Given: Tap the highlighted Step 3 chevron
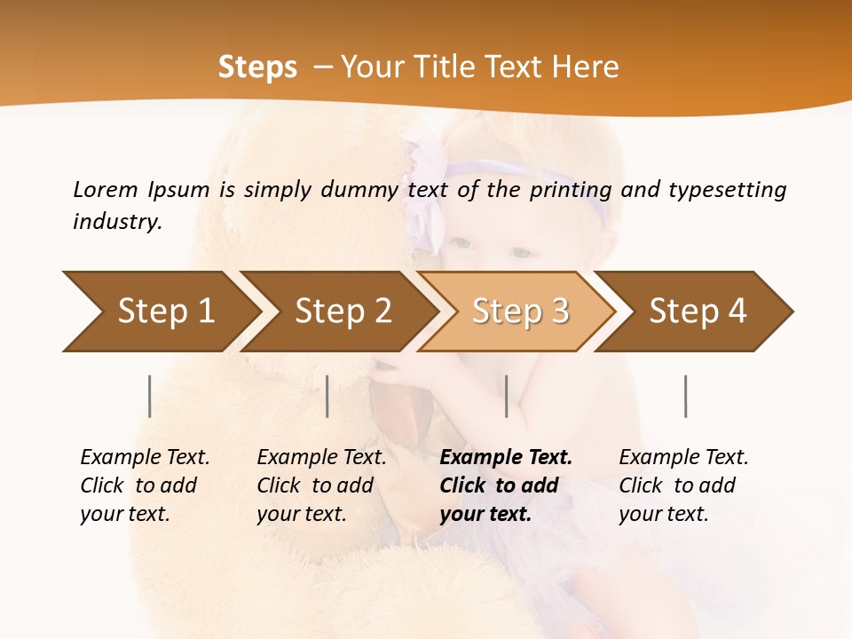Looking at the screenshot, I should pyautogui.click(x=519, y=312).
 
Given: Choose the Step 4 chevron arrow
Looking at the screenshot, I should pyautogui.click(x=697, y=312).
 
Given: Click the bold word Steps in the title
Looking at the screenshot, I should pyautogui.click(x=257, y=67).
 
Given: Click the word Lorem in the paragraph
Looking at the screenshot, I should pyautogui.click(x=105, y=189).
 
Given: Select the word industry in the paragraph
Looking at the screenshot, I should pyautogui.click(x=116, y=221).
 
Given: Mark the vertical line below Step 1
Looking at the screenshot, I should pyautogui.click(x=150, y=396).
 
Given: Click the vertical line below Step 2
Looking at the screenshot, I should pyautogui.click(x=327, y=396).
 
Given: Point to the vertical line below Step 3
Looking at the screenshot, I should pyautogui.click(x=506, y=396).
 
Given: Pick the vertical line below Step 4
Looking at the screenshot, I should pyautogui.click(x=685, y=396).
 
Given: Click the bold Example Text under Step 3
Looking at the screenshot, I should pyautogui.click(x=506, y=457).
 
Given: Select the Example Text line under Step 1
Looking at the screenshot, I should pyautogui.click(x=145, y=457).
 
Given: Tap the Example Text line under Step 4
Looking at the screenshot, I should pyautogui.click(x=683, y=457).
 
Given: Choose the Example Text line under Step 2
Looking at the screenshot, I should pyautogui.click(x=321, y=457).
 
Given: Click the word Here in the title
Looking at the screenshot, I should pyautogui.click(x=586, y=67).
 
